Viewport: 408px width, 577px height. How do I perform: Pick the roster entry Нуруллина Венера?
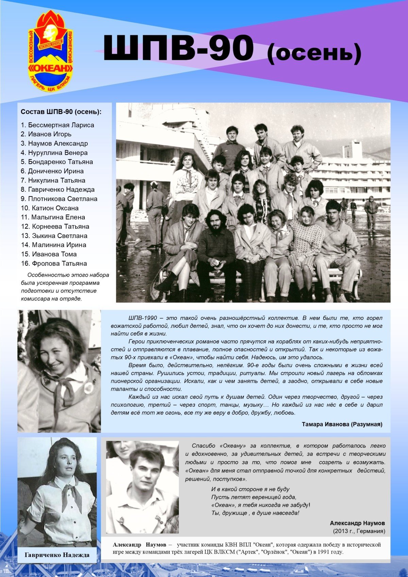[54, 153]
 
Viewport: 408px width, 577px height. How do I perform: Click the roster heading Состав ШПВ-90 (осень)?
[61, 112]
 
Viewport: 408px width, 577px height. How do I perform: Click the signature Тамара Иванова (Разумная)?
[342, 424]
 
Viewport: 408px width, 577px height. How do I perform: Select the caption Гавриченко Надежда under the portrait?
[57, 555]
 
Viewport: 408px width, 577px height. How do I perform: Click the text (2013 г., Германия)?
[358, 531]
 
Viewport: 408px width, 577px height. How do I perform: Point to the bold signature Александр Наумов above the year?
[357, 523]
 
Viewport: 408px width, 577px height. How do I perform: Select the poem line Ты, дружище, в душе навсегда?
[255, 513]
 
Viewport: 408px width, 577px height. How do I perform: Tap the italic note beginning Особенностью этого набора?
[65, 287]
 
